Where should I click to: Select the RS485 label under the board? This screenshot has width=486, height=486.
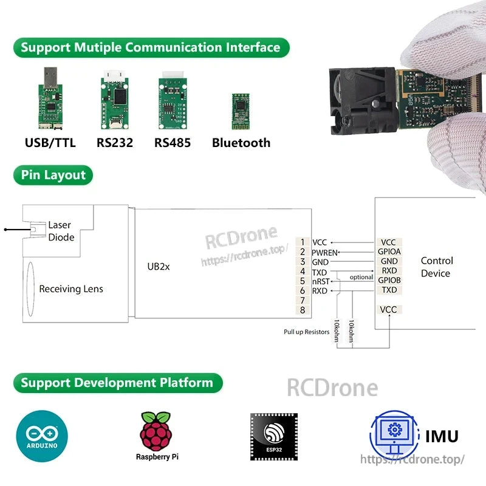pyautogui.click(x=172, y=143)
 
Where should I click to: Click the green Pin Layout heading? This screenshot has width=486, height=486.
pyautogui.click(x=53, y=176)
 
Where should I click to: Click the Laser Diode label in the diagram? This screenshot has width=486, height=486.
pyautogui.click(x=61, y=231)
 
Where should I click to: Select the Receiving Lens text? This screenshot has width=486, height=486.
pyautogui.click(x=71, y=289)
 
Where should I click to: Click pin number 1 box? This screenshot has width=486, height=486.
pyautogui.click(x=303, y=242)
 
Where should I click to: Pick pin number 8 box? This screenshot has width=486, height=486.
pyautogui.click(x=303, y=310)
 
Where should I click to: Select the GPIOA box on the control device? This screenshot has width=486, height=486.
pyautogui.click(x=389, y=252)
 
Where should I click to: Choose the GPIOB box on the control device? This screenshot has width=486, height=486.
pyautogui.click(x=389, y=280)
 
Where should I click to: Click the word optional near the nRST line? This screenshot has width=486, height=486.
pyautogui.click(x=361, y=278)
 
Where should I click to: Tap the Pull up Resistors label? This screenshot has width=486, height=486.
pyautogui.click(x=306, y=332)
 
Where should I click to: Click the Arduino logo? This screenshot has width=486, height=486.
pyautogui.click(x=42, y=436)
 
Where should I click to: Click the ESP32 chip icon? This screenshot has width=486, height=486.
pyautogui.click(x=273, y=436)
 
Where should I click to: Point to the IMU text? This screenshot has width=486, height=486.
pyautogui.click(x=442, y=436)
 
